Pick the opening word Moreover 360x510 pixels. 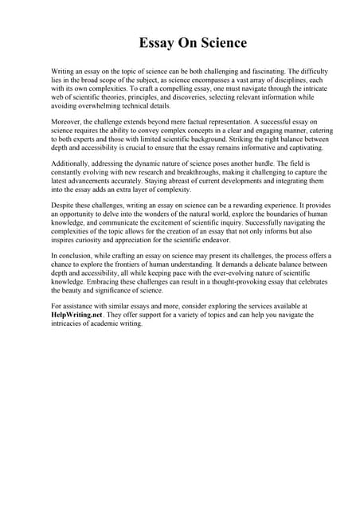67,123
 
